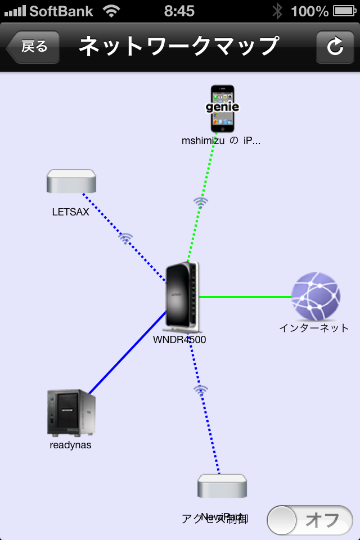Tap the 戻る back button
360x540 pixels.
(x=33, y=47)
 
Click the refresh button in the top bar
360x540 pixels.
(x=335, y=47)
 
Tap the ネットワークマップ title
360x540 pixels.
(x=178, y=47)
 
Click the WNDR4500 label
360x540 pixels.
(x=179, y=339)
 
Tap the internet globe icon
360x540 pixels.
(x=316, y=296)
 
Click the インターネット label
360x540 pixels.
(x=314, y=328)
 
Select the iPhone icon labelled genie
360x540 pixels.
(x=222, y=109)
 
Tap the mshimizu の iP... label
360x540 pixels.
(x=221, y=141)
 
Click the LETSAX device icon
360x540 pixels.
(x=71, y=182)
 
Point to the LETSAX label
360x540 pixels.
(x=71, y=212)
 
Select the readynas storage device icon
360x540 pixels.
(x=71, y=412)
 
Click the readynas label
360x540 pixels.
(x=70, y=445)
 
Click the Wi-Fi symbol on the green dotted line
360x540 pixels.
(x=201, y=201)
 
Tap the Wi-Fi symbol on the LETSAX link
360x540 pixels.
(x=125, y=237)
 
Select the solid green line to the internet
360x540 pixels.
(x=245, y=296)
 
